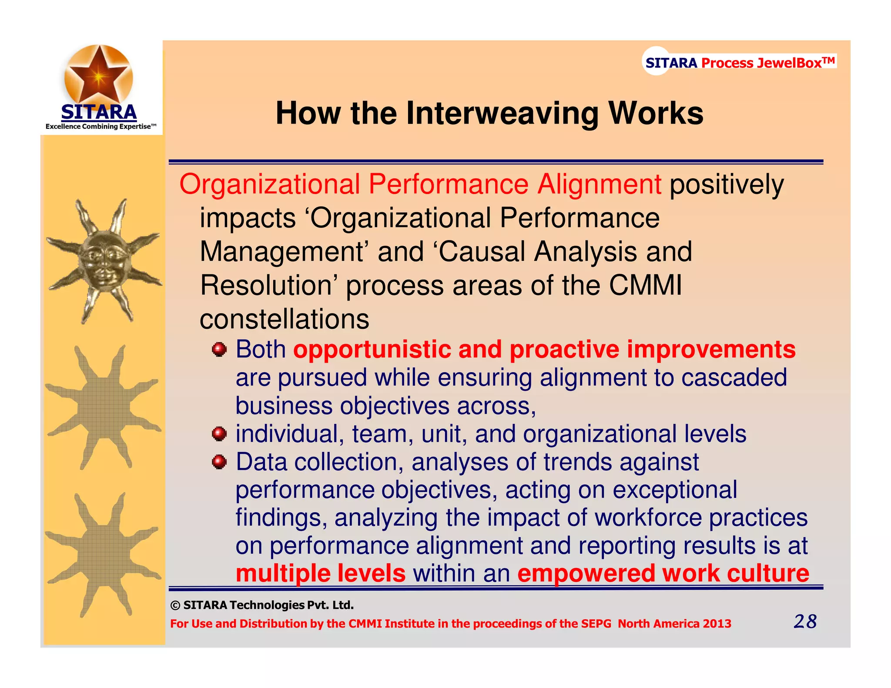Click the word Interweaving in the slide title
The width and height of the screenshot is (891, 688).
coord(502,114)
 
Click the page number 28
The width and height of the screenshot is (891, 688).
coord(805,621)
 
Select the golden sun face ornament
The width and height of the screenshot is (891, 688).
coord(104,261)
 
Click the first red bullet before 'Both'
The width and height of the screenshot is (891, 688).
coord(219,350)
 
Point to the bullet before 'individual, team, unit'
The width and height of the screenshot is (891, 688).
coord(219,434)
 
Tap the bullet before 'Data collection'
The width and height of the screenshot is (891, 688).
coord(219,462)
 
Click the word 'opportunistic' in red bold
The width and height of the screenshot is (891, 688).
coord(372,350)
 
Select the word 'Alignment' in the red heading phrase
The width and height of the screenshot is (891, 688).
coord(599,184)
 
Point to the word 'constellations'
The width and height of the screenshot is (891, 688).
coord(284,319)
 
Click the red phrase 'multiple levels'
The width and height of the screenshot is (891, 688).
coord(320,573)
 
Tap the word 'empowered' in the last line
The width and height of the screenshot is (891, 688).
coord(586,573)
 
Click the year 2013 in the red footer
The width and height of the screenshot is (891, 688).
coord(717,624)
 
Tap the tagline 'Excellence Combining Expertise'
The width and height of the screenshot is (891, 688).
coord(99,127)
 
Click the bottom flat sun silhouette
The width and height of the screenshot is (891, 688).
coord(103,554)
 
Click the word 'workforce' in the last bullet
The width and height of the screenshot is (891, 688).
coord(648,518)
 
